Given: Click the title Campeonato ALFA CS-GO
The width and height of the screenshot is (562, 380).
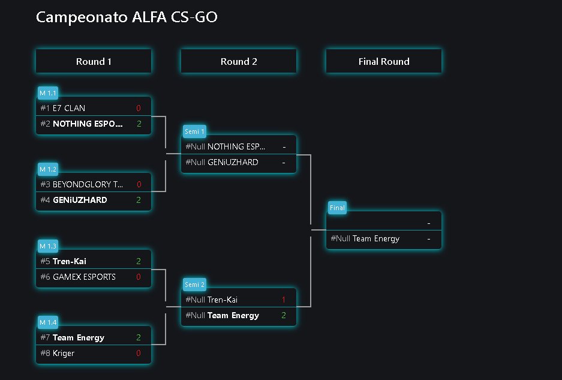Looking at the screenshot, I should [127, 17].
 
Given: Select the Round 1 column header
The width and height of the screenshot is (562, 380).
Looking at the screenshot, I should [94, 61].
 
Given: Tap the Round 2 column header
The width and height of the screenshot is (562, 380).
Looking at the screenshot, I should [239, 61].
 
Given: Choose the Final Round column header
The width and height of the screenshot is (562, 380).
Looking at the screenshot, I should [384, 61].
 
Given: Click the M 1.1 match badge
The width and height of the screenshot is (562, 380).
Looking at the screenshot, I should [47, 93].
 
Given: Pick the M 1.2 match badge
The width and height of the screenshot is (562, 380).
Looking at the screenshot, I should [47, 169].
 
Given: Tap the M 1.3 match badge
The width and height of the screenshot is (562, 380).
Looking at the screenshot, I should [47, 246].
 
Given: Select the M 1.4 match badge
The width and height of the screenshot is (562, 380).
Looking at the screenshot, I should [47, 322].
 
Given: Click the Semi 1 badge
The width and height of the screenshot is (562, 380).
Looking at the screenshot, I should [194, 131].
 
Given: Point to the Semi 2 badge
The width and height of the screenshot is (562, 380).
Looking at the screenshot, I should [194, 284].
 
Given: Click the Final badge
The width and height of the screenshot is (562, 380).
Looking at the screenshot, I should [337, 208].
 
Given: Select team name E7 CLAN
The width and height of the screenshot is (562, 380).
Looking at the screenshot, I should [69, 108].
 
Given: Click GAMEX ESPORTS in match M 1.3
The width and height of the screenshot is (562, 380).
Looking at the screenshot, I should [84, 277].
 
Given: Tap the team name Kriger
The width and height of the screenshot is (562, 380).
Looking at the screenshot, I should [64, 353].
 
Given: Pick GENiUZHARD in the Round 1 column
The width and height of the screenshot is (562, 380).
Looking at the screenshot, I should [80, 200].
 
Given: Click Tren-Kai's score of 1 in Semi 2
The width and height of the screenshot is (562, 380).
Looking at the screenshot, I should [284, 300].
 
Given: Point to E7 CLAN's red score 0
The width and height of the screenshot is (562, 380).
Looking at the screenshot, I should [139, 108].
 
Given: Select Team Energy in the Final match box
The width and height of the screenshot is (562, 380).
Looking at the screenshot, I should [376, 238].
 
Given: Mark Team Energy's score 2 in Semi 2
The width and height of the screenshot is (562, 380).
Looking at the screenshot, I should [284, 315].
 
